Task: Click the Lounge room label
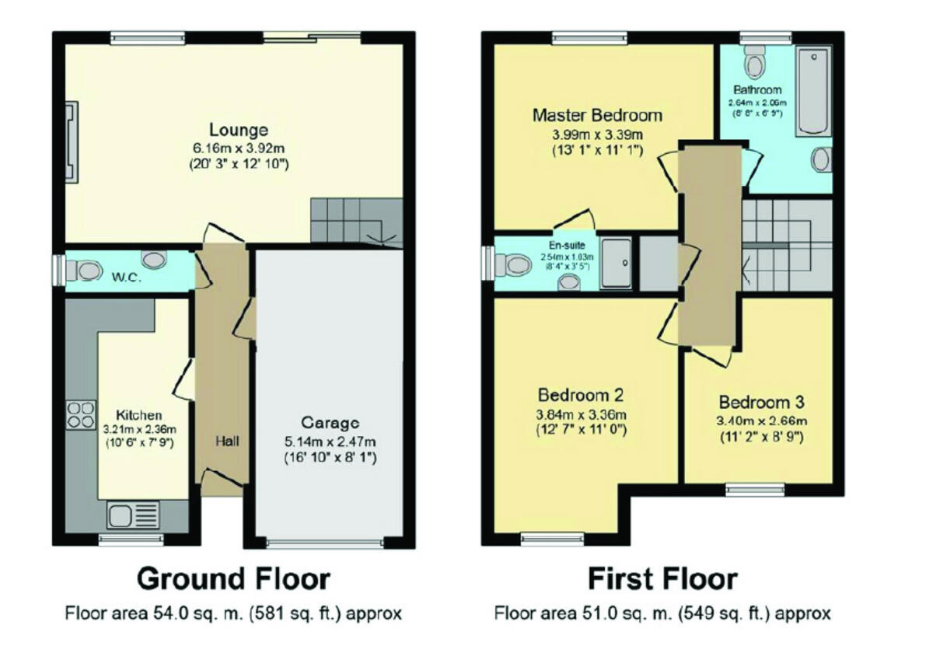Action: [x=238, y=130]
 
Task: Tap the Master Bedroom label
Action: [x=597, y=116]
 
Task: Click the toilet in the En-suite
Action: [x=514, y=265]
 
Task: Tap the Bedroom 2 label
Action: [x=581, y=394]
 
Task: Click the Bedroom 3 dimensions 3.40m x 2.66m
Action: [x=761, y=421]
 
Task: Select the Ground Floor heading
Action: [x=233, y=579]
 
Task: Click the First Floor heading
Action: [x=662, y=579]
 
